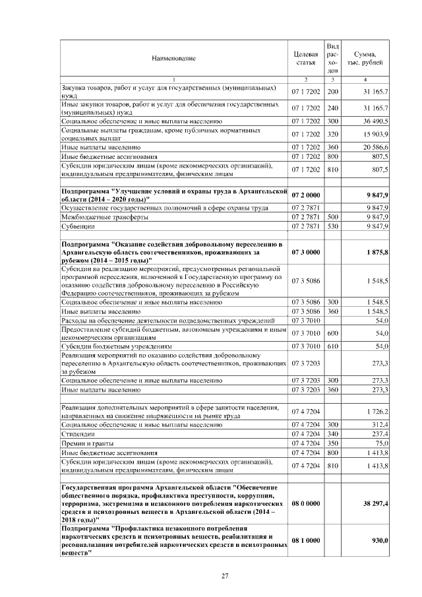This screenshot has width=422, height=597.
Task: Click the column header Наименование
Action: tap(173, 58)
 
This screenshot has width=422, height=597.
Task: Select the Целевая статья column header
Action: tap(305, 58)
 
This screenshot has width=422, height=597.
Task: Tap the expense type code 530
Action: tap(333, 226)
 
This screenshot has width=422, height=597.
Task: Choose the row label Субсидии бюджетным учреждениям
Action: tap(116, 346)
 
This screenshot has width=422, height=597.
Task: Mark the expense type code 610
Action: tap(333, 346)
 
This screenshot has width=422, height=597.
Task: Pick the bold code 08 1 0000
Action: tap(305, 540)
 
